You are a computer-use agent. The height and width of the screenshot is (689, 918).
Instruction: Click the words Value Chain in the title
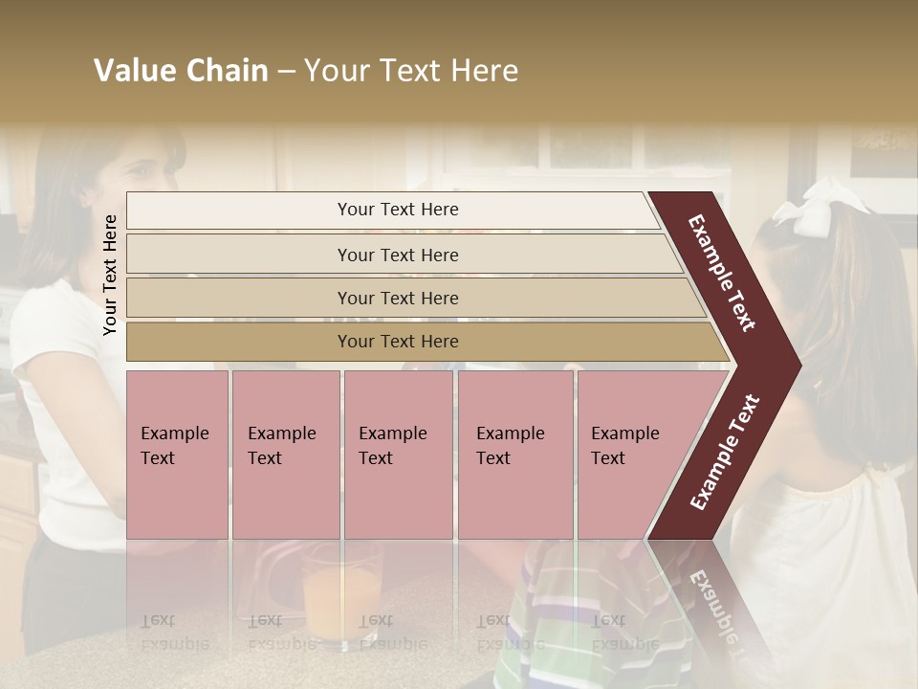coord(181,71)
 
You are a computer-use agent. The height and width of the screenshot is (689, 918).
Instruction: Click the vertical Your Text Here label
coord(110,275)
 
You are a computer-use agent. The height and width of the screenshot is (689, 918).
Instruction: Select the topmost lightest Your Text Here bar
coord(397,210)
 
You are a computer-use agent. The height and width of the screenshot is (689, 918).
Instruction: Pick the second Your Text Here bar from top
coord(397,255)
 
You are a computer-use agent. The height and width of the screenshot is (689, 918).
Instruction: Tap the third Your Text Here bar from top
coord(397,298)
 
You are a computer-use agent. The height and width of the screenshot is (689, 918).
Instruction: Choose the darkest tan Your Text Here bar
coord(397,342)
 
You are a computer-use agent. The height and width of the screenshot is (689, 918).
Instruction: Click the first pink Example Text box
coord(177,454)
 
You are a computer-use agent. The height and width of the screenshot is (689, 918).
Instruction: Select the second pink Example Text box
coord(285,454)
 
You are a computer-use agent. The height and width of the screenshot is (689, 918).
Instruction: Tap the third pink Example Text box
coord(397,454)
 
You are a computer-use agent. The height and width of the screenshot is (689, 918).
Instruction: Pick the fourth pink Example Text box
coord(514,454)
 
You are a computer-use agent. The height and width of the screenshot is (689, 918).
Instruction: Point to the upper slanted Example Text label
coord(722,273)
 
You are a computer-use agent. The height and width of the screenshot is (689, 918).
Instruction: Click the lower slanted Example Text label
coord(725,452)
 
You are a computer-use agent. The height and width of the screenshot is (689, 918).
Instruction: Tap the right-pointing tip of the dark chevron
coord(796,365)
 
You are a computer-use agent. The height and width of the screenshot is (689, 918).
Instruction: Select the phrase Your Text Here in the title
coord(411,71)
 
